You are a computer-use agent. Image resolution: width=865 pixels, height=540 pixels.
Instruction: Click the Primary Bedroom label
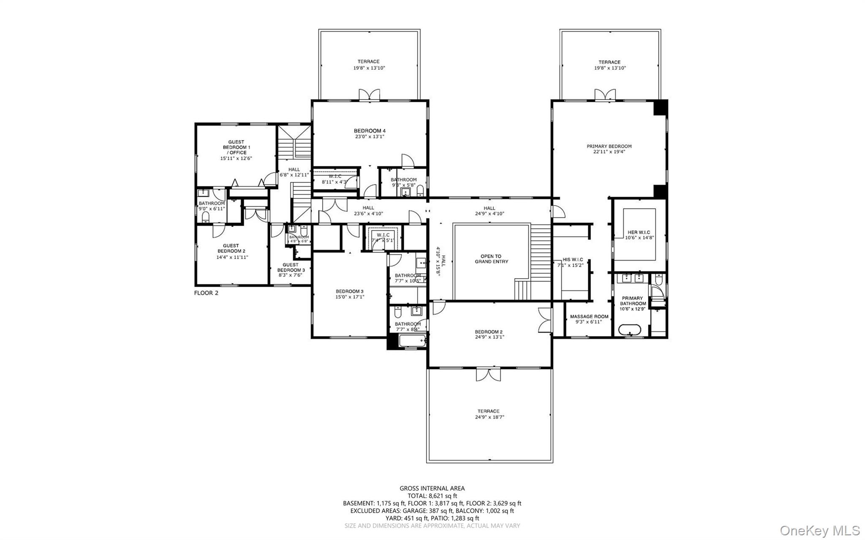pyautogui.click(x=609, y=147)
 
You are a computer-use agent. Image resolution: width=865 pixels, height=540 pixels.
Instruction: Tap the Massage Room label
pyautogui.click(x=589, y=317)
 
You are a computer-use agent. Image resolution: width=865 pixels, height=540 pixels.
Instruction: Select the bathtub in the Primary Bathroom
pyautogui.click(x=630, y=330)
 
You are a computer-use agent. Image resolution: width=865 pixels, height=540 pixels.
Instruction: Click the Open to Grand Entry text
pyautogui.click(x=491, y=259)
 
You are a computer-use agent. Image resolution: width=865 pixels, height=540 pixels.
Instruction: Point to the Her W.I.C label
pyautogui.click(x=639, y=232)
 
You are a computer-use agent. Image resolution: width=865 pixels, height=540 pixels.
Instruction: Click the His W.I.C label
pyautogui.click(x=573, y=260)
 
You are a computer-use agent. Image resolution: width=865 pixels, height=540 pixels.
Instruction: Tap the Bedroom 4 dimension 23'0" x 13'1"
pyautogui.click(x=369, y=137)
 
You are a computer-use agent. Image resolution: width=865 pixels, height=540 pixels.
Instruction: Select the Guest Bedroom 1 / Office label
pyautogui.click(x=236, y=147)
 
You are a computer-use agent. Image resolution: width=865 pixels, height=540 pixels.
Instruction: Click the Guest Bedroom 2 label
pyautogui.click(x=231, y=248)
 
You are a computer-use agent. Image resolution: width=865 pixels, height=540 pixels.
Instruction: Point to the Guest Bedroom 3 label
pyautogui.click(x=291, y=268)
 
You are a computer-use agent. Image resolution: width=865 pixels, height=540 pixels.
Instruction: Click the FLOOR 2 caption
pyautogui.click(x=206, y=293)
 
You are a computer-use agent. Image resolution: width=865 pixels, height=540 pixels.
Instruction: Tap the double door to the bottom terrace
pyautogui.click(x=489, y=374)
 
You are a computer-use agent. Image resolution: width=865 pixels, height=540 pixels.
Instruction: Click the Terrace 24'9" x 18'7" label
pyautogui.click(x=489, y=414)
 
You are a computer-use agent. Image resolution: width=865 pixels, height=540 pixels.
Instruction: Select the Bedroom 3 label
pyautogui.click(x=350, y=291)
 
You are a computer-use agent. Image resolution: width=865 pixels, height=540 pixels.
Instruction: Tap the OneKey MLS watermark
pyautogui.click(x=819, y=530)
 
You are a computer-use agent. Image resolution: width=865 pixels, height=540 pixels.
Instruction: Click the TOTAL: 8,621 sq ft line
pyautogui.click(x=432, y=496)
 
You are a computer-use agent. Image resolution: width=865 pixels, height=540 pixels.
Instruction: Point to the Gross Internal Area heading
pyautogui.click(x=432, y=488)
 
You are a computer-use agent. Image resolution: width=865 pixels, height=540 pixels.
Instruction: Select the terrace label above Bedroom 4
pyautogui.click(x=369, y=62)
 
